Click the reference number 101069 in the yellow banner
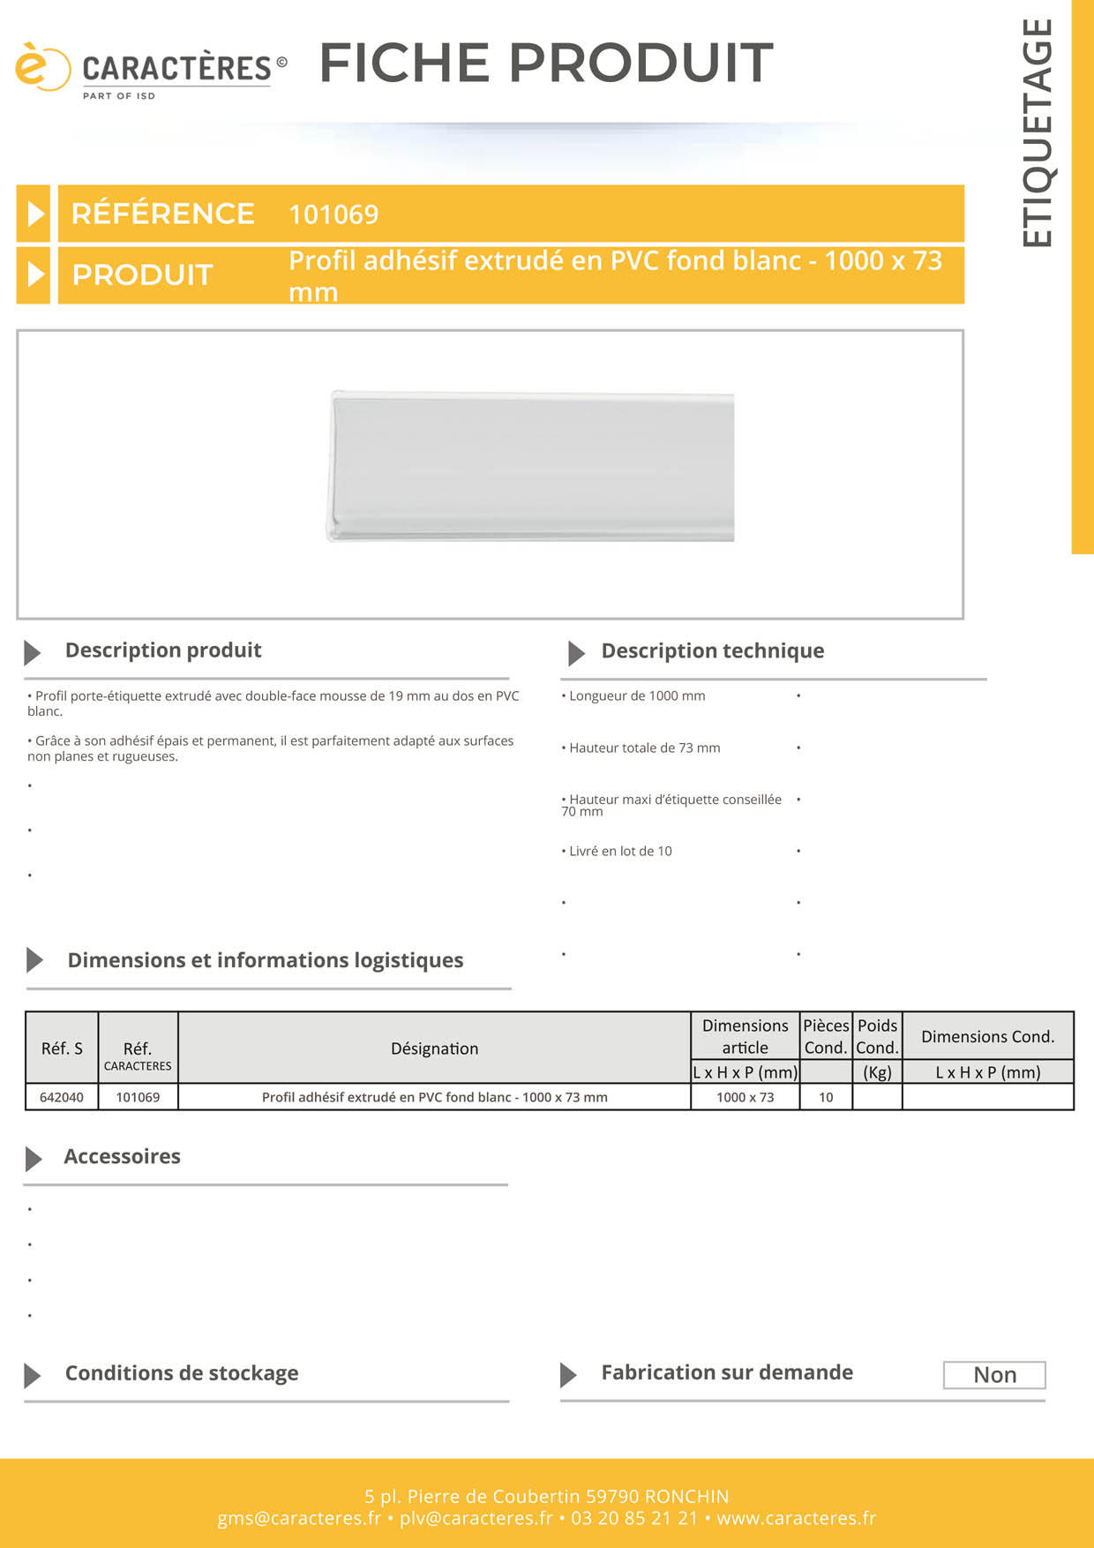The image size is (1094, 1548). tap(333, 214)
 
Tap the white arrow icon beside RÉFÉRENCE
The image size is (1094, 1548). tap(34, 214)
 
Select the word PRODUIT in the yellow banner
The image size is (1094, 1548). tap(142, 275)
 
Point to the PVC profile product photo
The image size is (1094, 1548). tap(531, 466)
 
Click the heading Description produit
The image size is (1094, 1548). tap(163, 650)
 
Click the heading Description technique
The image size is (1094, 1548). tap(712, 651)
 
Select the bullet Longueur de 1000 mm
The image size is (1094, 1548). tap(636, 696)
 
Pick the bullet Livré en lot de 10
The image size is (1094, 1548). tap(619, 852)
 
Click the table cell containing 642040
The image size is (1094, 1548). tap(62, 1097)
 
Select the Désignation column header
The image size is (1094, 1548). tap(434, 1048)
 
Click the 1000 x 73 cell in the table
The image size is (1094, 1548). tap(745, 1097)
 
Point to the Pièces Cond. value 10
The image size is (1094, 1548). tap(826, 1097)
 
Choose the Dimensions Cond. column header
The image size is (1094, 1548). tap(987, 1037)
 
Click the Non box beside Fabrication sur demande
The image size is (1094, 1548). tap(994, 1375)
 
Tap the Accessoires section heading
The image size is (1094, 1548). tap(122, 1157)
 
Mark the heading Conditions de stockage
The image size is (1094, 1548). tap(182, 1373)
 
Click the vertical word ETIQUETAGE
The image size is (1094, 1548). tap(1038, 132)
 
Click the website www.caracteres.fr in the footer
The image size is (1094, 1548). tap(796, 1518)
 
